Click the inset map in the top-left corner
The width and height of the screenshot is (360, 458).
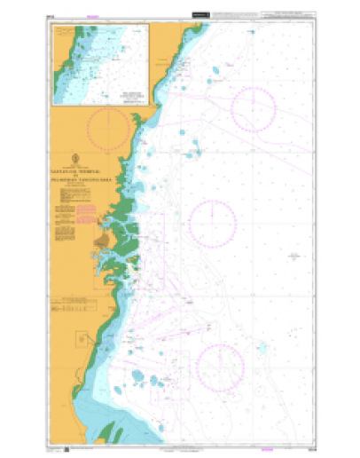coord(101,65)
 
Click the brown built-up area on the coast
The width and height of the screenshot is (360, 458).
coord(105,240)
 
